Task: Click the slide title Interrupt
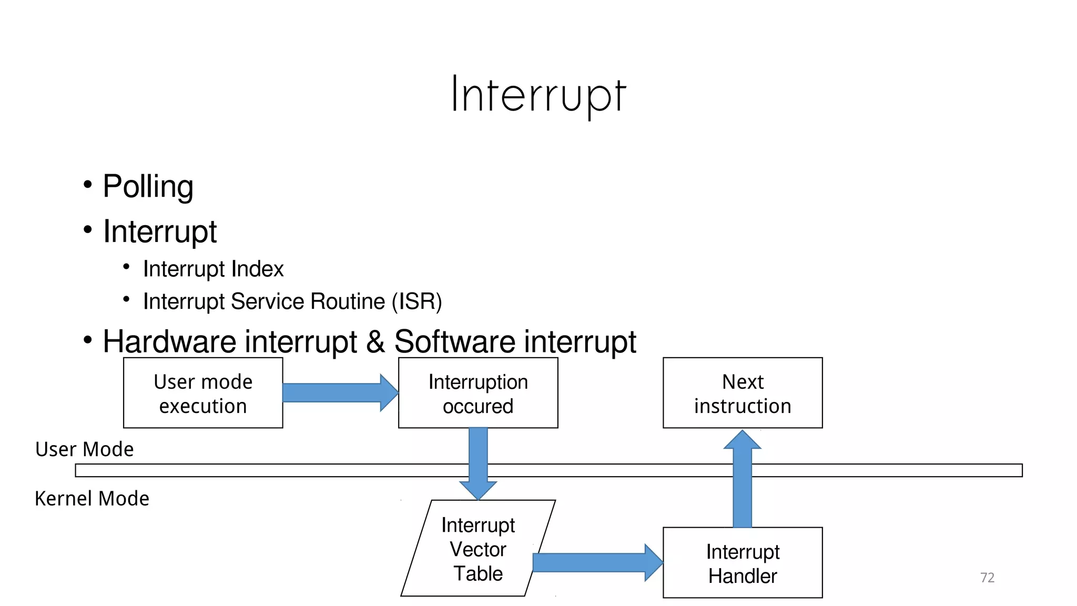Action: [x=538, y=95]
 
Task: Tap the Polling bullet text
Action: [x=148, y=186]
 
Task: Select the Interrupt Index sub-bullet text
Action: [x=213, y=269]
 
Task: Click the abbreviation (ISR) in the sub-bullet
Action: [x=416, y=301]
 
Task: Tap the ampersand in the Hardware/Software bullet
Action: [x=375, y=341]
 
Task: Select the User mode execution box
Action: [x=203, y=393]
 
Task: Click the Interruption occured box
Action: [x=478, y=393]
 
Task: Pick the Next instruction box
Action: [x=743, y=393]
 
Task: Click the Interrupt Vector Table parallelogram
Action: [x=478, y=548]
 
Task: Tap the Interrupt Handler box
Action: [x=743, y=563]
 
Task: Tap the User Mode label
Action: [x=84, y=449]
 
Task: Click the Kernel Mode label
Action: [x=92, y=498]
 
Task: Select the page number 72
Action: [x=987, y=578]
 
